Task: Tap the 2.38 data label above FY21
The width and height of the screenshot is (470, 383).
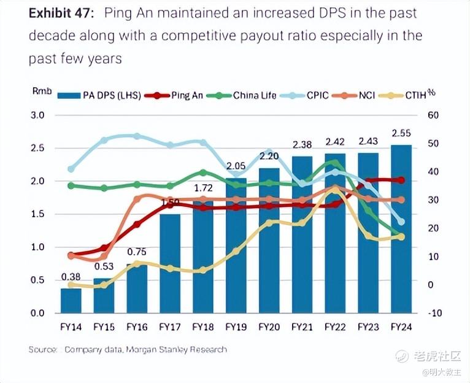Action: [302, 145]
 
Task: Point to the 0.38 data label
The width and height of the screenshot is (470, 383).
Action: [71, 276]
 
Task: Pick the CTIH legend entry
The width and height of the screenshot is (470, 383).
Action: [416, 95]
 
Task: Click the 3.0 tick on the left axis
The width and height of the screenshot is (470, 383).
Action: [38, 115]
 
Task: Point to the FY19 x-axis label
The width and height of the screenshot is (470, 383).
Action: [236, 328]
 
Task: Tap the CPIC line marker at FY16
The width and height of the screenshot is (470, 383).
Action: [137, 136]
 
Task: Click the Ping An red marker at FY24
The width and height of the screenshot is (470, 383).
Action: [401, 180]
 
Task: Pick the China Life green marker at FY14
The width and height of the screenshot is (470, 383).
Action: [71, 185]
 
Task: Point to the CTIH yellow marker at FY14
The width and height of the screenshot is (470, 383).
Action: [71, 284]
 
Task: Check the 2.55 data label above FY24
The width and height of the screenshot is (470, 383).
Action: [401, 133]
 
